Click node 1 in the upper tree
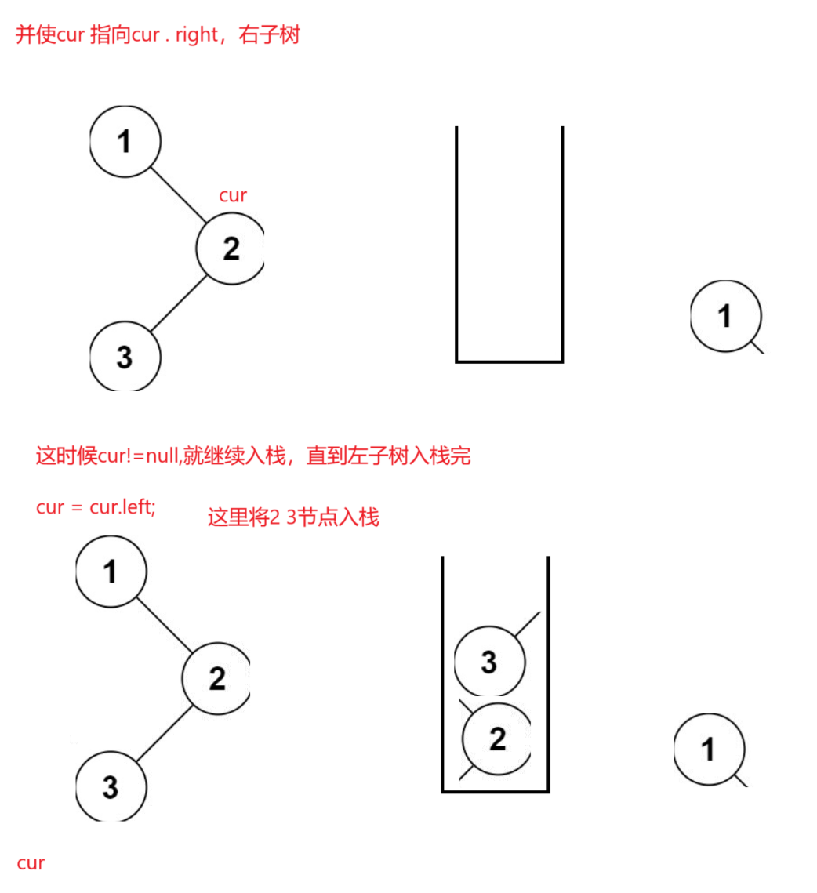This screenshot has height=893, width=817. coord(125,141)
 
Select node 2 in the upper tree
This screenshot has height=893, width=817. coord(231,249)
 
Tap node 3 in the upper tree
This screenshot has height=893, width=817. coord(125,357)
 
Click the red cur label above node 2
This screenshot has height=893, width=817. coord(233,195)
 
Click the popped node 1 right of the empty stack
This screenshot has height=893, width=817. coord(726,316)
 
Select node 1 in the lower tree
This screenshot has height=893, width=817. coord(111,572)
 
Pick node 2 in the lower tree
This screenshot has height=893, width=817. coord(216,678)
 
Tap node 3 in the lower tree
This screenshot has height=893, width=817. coord(111,786)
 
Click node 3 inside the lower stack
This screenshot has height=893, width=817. coord(489,661)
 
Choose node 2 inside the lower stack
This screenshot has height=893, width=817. coord(497,739)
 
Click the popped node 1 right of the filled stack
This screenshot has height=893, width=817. coord(710,750)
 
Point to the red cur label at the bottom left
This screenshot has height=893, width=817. coord(31,863)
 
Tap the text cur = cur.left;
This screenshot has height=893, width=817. coord(96,506)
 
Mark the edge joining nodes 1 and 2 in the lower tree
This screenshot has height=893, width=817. coord(164,625)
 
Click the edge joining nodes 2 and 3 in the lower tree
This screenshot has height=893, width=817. coord(164,733)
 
